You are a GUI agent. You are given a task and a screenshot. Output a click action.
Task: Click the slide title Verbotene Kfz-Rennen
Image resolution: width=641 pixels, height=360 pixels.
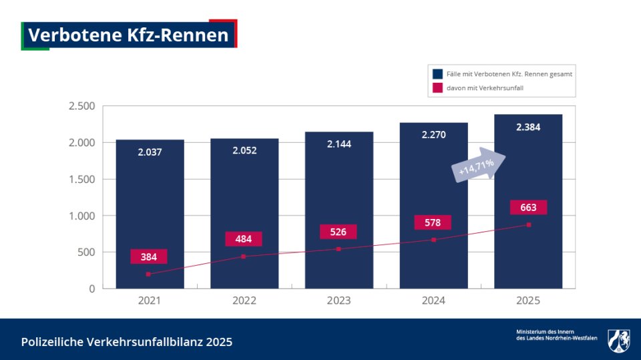(129, 35)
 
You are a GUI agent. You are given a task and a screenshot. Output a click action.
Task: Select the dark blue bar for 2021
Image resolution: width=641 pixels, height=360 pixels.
(150, 200)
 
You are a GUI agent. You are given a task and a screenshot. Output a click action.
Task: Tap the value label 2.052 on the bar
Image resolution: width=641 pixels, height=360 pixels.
(244, 150)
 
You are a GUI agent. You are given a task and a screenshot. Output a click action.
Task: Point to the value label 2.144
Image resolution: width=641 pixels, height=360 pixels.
(339, 144)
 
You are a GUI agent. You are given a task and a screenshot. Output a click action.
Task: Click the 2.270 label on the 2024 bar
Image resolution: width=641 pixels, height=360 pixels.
(433, 134)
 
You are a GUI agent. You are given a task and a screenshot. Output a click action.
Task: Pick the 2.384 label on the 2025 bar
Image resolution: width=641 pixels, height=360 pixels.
(528, 127)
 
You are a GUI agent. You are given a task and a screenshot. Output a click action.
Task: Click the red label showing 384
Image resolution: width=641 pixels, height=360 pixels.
(149, 256)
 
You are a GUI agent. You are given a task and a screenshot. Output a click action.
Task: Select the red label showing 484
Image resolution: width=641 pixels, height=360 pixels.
(244, 239)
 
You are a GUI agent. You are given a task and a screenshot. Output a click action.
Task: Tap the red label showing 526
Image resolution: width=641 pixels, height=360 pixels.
(338, 232)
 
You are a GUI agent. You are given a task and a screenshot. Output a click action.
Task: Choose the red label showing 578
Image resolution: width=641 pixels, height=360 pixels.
(433, 222)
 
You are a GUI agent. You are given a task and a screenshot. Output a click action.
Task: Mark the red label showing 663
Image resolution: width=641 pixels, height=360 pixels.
(528, 208)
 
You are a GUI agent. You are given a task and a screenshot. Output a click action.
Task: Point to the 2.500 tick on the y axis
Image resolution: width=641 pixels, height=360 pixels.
(82, 106)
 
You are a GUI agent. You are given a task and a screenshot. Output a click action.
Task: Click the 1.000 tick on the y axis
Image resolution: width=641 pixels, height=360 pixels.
(82, 216)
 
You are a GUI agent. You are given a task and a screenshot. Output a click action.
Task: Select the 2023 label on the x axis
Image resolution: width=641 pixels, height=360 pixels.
(339, 301)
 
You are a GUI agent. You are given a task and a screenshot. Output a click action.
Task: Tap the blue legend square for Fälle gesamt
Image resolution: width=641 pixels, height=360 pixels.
(437, 74)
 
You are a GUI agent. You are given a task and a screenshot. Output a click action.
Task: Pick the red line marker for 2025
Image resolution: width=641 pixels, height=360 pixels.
(528, 225)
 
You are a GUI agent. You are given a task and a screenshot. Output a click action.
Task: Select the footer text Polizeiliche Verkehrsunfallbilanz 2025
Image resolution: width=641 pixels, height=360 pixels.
(127, 342)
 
